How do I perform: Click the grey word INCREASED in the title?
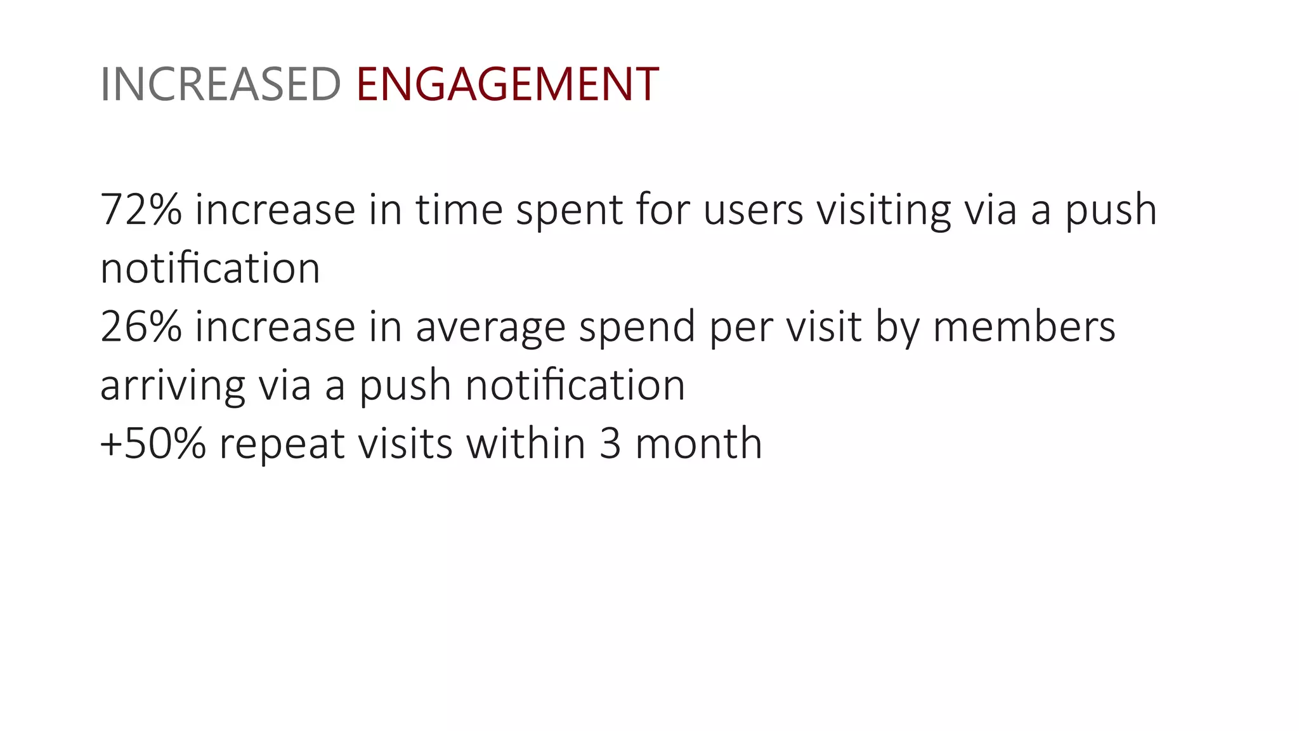(x=221, y=84)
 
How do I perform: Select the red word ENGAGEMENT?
(x=507, y=84)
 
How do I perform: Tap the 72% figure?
(x=141, y=209)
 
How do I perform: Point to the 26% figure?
(x=141, y=327)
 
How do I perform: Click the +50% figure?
(x=153, y=444)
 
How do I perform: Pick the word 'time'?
(x=459, y=209)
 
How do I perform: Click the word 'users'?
(x=754, y=209)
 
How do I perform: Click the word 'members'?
(x=1024, y=327)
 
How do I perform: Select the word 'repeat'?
(x=282, y=445)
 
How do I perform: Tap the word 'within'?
(x=526, y=444)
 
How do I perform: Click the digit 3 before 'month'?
(x=610, y=444)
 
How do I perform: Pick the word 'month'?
(x=698, y=444)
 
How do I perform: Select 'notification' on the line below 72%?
(x=210, y=268)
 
